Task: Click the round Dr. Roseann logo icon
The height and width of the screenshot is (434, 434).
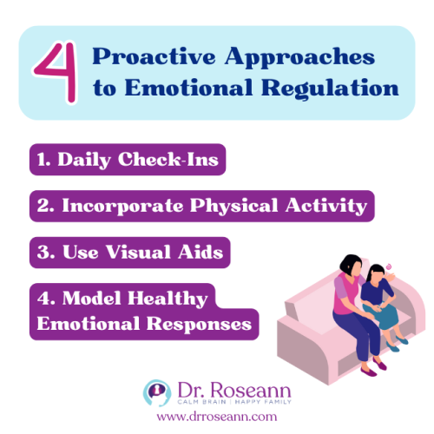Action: coord(155,391)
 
